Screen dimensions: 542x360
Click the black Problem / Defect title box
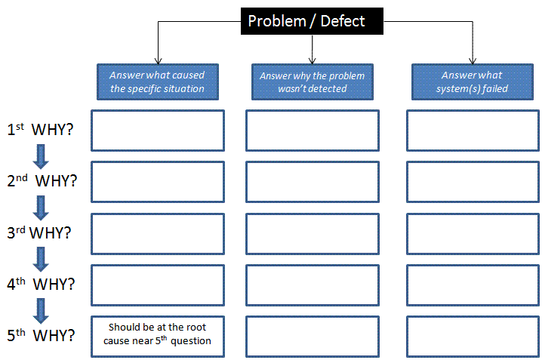(312, 21)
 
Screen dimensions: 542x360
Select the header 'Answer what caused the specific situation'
(158, 82)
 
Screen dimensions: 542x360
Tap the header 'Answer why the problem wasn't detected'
(313, 82)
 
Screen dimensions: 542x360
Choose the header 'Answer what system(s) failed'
(473, 82)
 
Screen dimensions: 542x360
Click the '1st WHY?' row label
(41, 129)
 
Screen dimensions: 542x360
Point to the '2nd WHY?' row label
(42, 180)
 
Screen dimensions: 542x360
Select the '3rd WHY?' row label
(39, 232)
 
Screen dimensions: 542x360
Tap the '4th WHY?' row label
(41, 284)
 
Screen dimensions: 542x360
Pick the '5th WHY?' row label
(41, 335)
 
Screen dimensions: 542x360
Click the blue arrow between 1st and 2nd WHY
(41, 156)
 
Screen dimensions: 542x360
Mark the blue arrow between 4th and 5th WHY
(41, 311)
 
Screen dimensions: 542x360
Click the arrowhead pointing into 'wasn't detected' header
(312, 61)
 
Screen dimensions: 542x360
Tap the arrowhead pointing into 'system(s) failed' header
(473, 61)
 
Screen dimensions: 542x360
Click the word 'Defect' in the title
(343, 21)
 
